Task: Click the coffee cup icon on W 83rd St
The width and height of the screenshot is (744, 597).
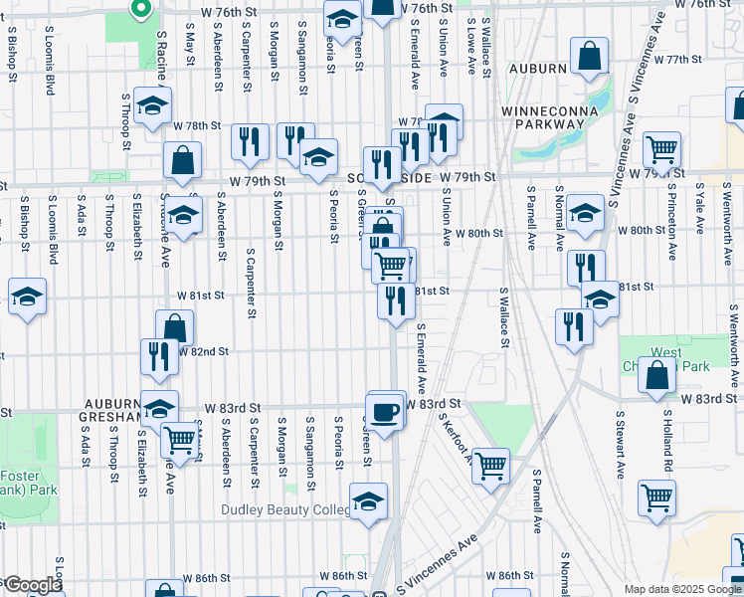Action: [384, 411]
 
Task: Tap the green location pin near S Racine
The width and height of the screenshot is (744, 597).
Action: [140, 9]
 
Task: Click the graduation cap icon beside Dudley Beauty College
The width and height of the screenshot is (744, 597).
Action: [368, 500]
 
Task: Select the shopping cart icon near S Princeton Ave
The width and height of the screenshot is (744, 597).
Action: [661, 150]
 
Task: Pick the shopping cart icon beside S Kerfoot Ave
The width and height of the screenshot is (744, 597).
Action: [490, 463]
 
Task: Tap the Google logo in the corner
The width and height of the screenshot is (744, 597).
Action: [32, 585]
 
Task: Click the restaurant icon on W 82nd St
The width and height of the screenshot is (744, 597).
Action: [159, 355]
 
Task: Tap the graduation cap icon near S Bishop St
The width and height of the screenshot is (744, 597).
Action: [27, 297]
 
